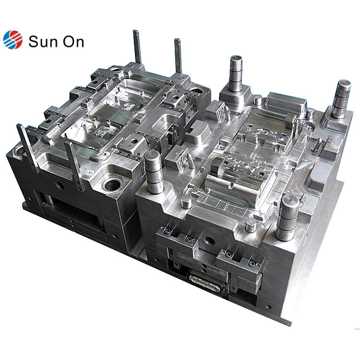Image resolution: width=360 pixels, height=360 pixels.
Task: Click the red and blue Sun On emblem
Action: click(13, 40)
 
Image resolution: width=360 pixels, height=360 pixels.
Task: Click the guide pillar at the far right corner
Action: click(342, 99)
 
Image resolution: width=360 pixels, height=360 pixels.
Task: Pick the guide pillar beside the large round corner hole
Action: click(154, 173)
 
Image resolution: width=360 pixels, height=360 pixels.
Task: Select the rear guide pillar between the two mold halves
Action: click(236, 73)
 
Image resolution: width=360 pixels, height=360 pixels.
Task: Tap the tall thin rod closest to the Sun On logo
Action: click(137, 47)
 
